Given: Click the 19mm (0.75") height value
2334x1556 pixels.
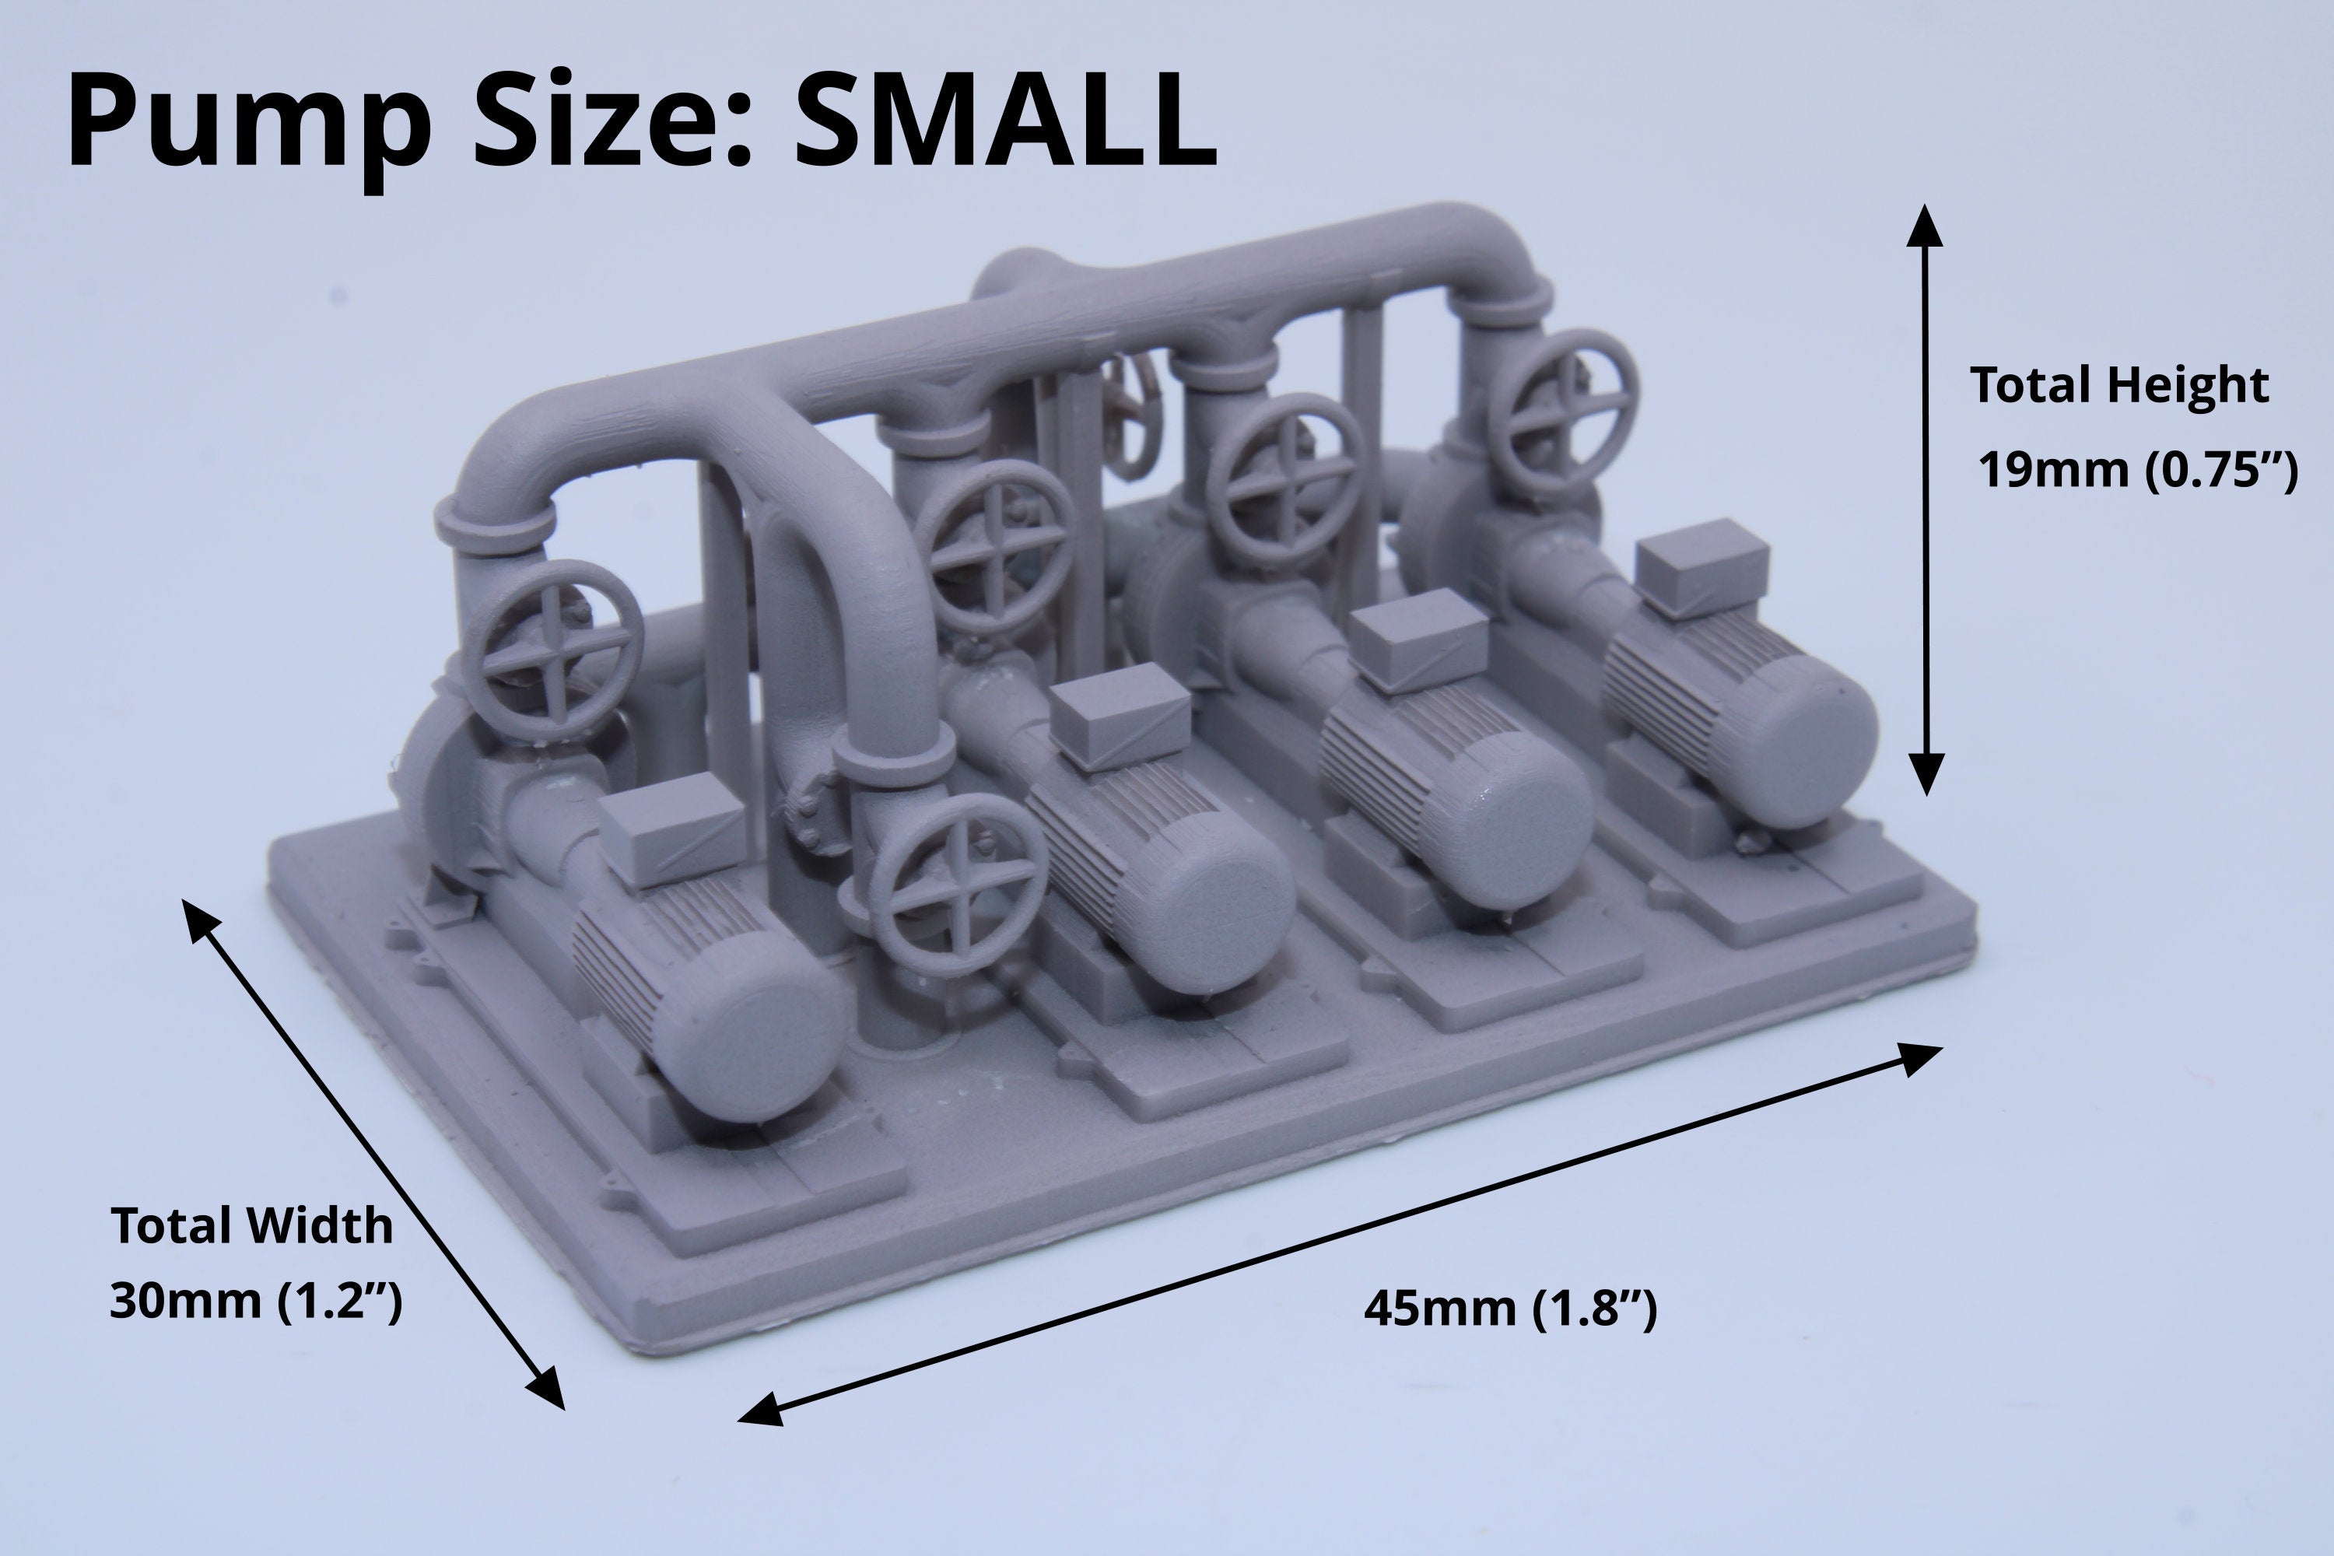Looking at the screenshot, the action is point(2137,469).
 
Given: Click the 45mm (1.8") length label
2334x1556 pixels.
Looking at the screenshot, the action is point(1510,1309).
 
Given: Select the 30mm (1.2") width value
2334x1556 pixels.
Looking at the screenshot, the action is point(256,1301).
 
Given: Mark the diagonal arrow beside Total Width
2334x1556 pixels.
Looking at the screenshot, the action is point(373,1153).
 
